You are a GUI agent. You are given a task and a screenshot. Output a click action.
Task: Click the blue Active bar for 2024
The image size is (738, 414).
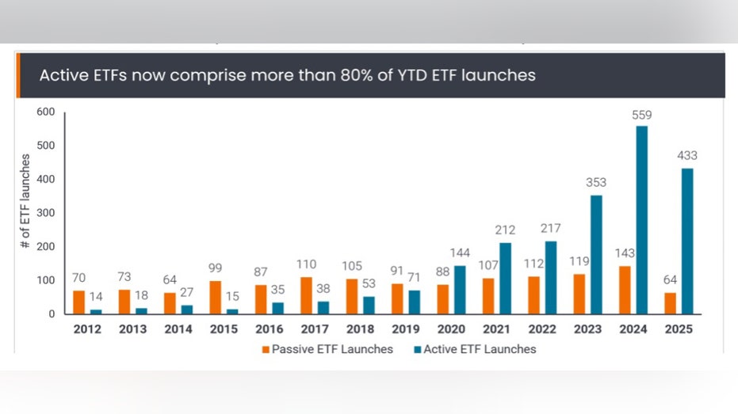pyautogui.click(x=641, y=220)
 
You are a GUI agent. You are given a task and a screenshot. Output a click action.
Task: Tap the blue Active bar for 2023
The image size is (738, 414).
pyautogui.click(x=596, y=254)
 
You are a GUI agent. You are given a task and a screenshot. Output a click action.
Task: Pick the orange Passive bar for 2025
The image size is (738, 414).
pyautogui.click(x=671, y=303)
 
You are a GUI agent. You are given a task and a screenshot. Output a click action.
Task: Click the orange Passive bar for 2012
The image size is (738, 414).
pyautogui.click(x=78, y=302)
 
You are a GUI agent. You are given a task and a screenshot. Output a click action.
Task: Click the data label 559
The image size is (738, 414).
pyautogui.click(x=641, y=115)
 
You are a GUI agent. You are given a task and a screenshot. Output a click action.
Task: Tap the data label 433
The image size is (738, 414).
pyautogui.click(x=686, y=155)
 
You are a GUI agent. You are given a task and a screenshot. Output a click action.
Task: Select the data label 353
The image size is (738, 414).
pyautogui.click(x=596, y=183)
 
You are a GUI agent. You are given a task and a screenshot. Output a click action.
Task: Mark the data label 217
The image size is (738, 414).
pyautogui.click(x=550, y=229)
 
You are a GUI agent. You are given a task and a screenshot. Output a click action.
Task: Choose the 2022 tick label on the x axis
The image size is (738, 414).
pyautogui.click(x=543, y=329)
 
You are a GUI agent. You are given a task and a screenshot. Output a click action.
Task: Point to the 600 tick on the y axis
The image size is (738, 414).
pyautogui.click(x=46, y=112)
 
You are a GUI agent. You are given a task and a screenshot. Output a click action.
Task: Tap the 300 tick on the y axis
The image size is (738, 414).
pyautogui.click(x=46, y=213)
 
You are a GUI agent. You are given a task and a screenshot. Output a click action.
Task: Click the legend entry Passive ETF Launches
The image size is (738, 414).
pyautogui.click(x=331, y=349)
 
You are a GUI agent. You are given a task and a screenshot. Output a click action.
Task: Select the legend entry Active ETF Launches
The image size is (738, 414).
pyautogui.click(x=480, y=349)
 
